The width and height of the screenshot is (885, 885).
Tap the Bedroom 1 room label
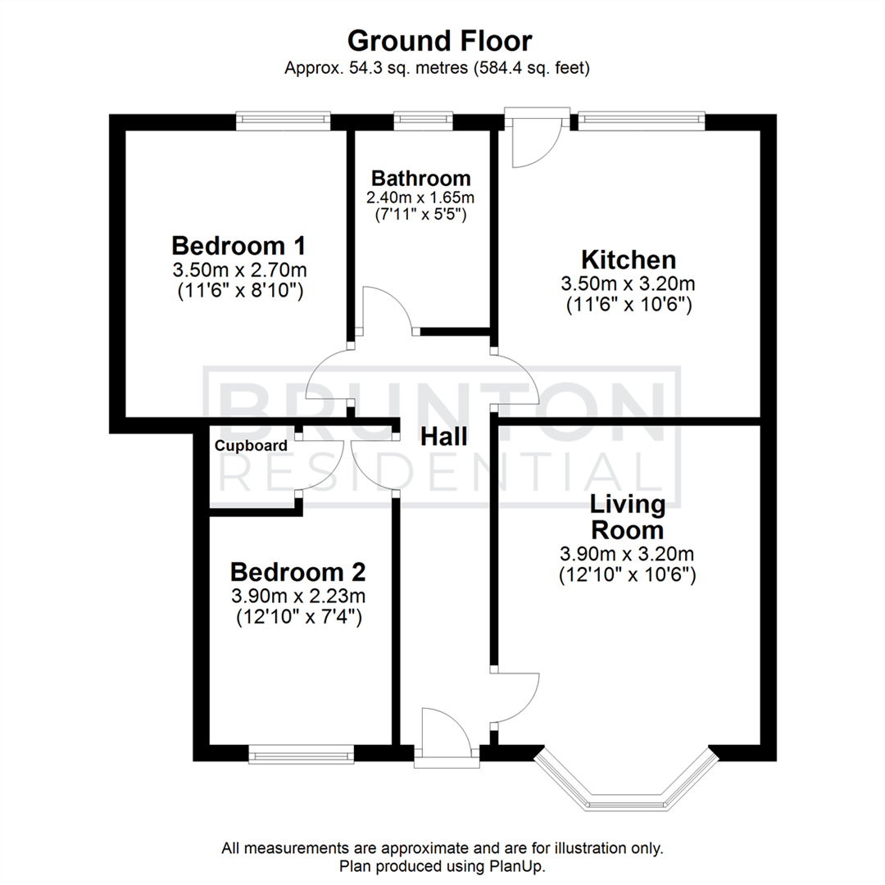click(238, 245)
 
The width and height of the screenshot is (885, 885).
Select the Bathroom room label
click(421, 178)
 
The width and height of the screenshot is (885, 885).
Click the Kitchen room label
click(629, 260)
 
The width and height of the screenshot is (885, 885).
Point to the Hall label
click(443, 437)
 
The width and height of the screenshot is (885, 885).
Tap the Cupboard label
click(252, 446)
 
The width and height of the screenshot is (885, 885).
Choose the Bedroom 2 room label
click(297, 571)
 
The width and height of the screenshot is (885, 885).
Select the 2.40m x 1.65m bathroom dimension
click(421, 197)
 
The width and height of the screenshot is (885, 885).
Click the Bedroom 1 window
click(284, 121)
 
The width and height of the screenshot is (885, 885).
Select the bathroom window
click(423, 121)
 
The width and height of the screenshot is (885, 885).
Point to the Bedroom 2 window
click(302, 755)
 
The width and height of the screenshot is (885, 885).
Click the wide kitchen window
click(641, 121)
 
